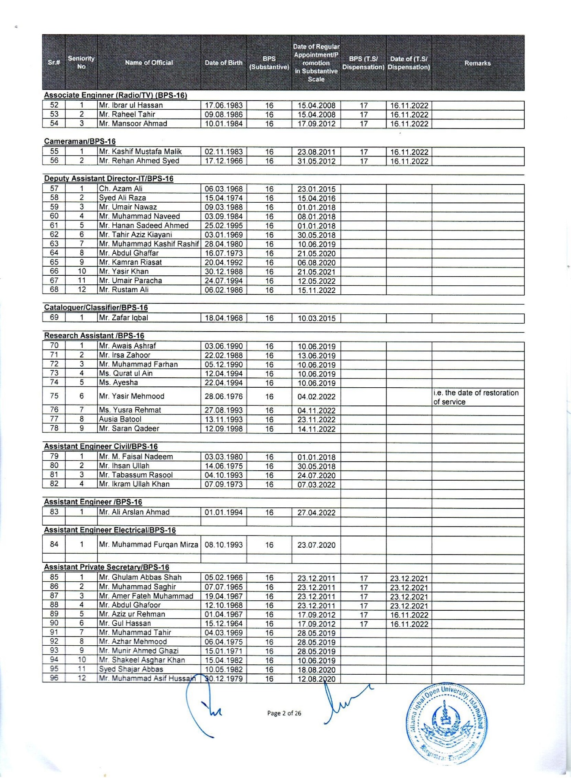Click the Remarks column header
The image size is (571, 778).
[x=477, y=63]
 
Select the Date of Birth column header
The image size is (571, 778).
[x=223, y=63]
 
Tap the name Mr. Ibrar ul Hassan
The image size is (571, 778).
[x=131, y=105]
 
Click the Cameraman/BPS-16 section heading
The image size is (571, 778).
[x=80, y=141]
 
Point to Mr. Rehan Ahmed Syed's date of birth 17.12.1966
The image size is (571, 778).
[x=224, y=161]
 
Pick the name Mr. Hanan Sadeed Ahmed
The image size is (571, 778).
[x=144, y=225]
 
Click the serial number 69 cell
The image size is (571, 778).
[x=54, y=318]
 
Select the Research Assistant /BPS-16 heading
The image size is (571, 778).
[x=94, y=336]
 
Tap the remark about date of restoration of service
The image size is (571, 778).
[x=476, y=397]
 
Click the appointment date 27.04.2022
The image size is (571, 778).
[x=316, y=513]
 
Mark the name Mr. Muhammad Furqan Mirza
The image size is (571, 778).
[x=149, y=545]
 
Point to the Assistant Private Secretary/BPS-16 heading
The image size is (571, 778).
[x=107, y=567]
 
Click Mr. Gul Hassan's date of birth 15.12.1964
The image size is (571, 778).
[x=224, y=624]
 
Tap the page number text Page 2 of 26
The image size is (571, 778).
[x=284, y=713]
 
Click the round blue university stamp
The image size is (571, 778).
[x=447, y=724]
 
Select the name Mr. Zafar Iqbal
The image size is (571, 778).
[x=124, y=318]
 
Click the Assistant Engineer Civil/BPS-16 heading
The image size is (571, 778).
[x=101, y=446]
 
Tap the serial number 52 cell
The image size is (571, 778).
[x=54, y=105]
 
